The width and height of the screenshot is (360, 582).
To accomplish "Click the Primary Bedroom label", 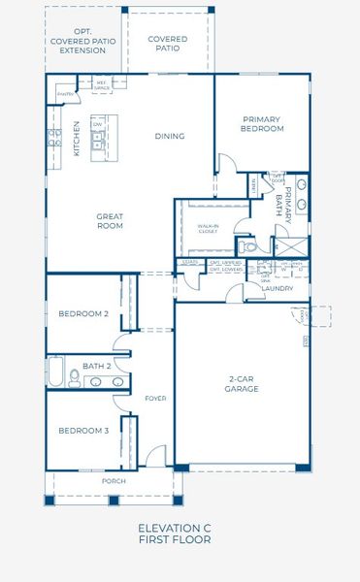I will tap(262, 123).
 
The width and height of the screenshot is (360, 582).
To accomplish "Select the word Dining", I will tap(169, 136).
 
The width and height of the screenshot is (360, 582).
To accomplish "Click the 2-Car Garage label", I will tap(242, 384).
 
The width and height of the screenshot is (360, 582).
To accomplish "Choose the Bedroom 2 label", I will tap(82, 313).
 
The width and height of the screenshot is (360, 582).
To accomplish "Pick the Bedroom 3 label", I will tap(82, 430).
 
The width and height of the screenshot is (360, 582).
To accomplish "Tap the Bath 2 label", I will tap(96, 366).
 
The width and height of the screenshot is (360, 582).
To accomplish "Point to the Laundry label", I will tap(278, 288).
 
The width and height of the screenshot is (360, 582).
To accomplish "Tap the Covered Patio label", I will tap(167, 44).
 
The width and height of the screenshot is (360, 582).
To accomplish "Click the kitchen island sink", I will tap(97, 139).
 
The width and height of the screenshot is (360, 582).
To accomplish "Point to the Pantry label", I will tap(64, 94).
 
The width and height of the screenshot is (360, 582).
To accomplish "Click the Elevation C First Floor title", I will tap(175, 533).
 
